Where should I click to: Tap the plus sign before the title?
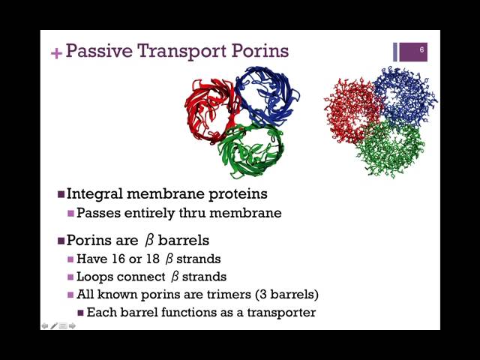tap(55, 52)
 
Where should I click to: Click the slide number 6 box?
tap(422, 51)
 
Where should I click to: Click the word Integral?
tap(94, 193)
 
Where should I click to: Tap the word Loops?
tap(95, 277)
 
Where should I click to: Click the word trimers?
tap(213, 294)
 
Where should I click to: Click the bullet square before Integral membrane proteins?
tap(61, 194)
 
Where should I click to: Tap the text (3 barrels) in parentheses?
tap(282, 294)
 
